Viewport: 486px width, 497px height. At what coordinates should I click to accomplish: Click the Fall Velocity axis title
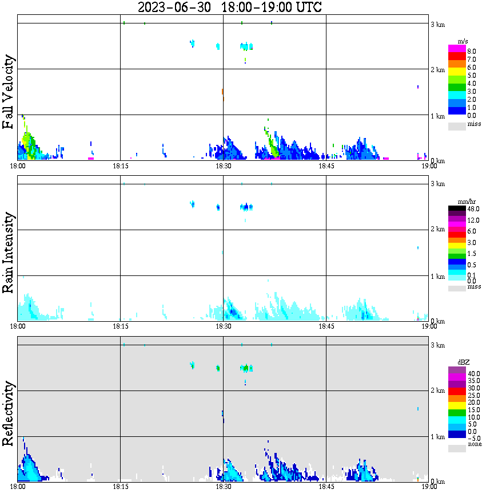(x=9, y=92)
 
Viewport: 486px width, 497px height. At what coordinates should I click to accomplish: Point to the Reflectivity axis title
(x=9, y=415)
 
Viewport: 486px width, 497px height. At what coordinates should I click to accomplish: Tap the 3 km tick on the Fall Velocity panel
(x=438, y=24)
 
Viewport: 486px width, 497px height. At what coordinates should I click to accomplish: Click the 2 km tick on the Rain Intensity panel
(x=438, y=230)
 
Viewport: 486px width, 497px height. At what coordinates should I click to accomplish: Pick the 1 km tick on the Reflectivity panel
(x=438, y=437)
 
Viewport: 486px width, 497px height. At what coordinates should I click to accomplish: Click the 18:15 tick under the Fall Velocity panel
(x=120, y=166)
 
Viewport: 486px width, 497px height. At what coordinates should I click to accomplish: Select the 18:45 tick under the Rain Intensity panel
(x=326, y=326)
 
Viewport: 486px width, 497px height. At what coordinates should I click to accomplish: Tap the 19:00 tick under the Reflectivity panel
(x=429, y=487)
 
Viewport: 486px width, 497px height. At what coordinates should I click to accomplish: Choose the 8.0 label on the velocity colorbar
(x=472, y=52)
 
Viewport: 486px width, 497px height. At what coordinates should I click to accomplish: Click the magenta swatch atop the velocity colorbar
(x=457, y=49)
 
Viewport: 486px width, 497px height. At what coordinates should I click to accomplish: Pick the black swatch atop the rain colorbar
(x=457, y=208)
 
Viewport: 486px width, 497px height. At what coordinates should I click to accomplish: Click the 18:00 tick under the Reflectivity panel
(x=18, y=487)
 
